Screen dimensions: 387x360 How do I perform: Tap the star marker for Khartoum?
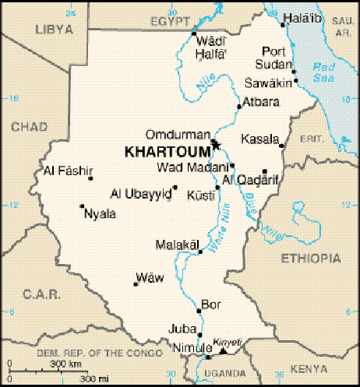point(216,143)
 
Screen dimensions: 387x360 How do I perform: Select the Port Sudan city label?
point(277,57)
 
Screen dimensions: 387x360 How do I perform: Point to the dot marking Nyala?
point(82,206)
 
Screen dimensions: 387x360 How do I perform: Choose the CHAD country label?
point(29,126)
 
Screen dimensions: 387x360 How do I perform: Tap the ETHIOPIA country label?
point(312,258)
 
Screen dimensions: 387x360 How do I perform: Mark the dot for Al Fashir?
point(90,178)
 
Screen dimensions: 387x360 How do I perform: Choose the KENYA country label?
point(309,368)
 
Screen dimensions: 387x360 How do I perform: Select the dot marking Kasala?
point(281,146)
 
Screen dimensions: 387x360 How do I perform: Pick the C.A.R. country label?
point(36,294)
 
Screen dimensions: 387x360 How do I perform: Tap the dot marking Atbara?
point(238,107)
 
